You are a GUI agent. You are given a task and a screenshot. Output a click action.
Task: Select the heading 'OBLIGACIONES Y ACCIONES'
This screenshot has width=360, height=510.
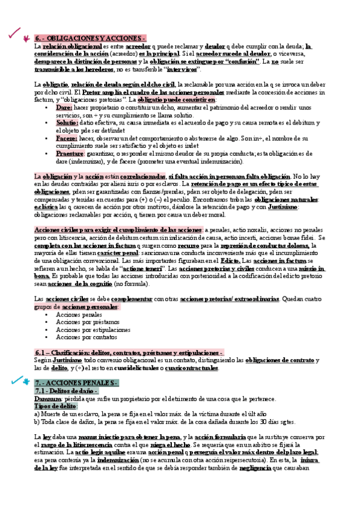coord(90,38)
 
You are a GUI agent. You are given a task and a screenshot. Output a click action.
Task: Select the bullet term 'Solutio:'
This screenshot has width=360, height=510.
coord(67,122)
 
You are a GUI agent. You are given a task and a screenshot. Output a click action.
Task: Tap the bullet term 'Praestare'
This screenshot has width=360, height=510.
coord(70,153)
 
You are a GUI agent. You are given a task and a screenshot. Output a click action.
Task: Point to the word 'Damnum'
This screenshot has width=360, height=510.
coord(47,399)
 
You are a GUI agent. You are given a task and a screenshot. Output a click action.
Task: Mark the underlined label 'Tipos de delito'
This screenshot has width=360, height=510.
coord(55,407)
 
